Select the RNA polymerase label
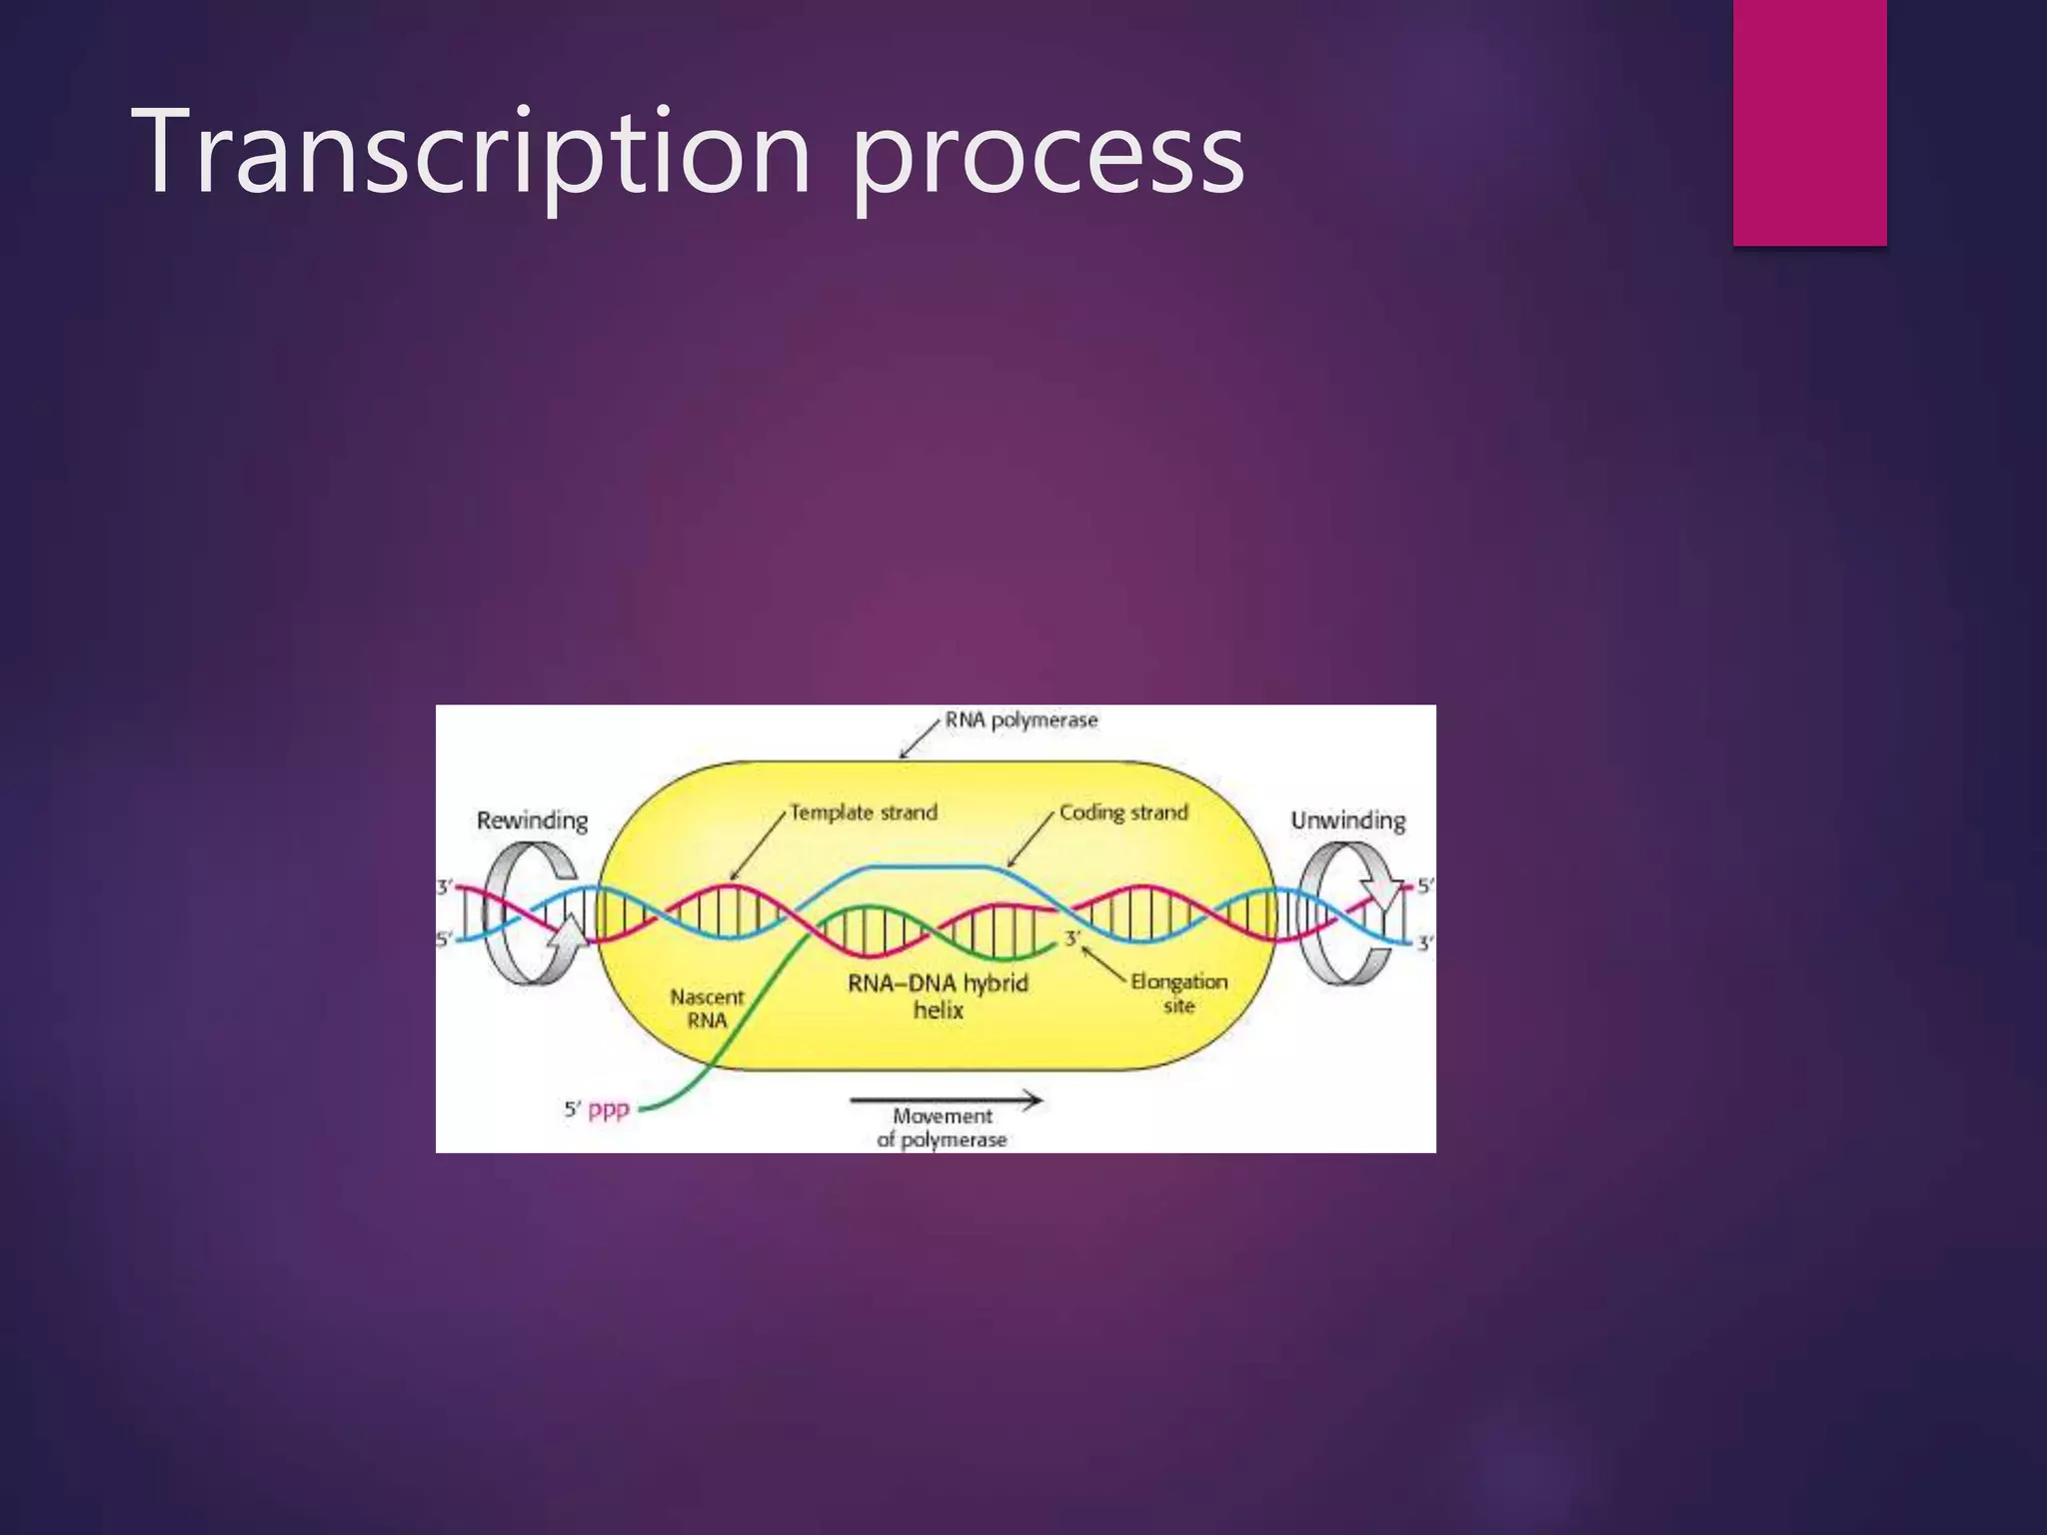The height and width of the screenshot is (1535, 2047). coord(1021,720)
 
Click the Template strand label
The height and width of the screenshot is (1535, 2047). coord(864,812)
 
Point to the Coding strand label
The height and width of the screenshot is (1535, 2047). coord(1123,812)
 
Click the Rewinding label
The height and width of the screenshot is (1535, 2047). coord(532,820)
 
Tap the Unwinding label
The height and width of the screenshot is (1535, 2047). coord(1347,820)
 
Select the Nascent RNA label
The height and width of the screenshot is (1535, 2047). coord(707,1008)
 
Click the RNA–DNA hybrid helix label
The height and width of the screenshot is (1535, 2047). coord(938,995)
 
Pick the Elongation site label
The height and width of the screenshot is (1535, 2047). coord(1178,993)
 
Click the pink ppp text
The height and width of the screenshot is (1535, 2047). coord(609,1109)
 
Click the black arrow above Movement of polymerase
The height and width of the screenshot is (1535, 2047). coord(945,1100)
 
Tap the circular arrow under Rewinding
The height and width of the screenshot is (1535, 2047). coord(530,914)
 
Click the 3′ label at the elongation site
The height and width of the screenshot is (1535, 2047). coord(1071,938)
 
